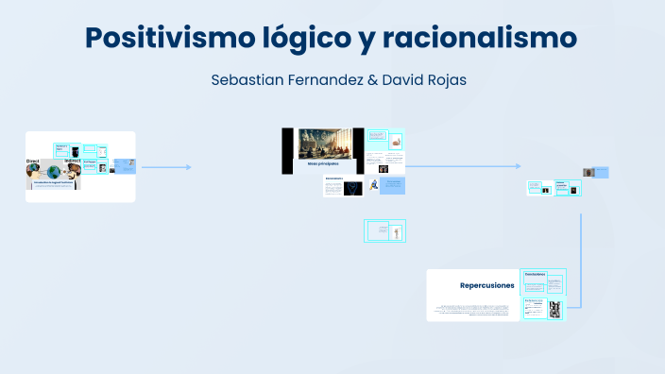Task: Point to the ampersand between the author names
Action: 373,80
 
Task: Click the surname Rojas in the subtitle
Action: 444,80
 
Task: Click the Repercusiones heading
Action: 486,285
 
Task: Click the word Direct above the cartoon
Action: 32,162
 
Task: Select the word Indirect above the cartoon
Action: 75,162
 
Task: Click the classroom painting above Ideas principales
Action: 325,144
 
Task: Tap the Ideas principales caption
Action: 323,164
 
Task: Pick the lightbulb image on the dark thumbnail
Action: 353,188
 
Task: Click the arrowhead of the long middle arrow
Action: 517,166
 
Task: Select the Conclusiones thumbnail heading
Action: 536,275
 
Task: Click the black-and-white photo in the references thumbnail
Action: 554,309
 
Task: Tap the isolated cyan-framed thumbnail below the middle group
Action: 384,230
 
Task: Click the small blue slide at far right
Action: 596,173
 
